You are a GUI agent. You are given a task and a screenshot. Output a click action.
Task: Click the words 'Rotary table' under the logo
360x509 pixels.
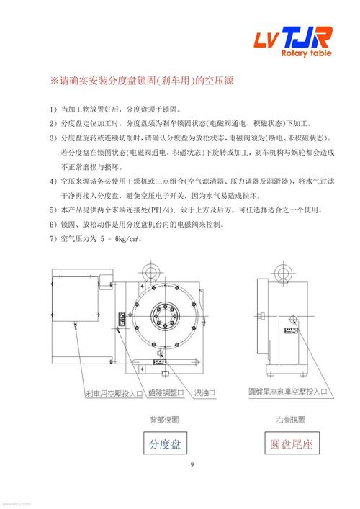coord(310,53)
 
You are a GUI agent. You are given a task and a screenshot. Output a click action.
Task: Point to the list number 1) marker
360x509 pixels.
coord(53,109)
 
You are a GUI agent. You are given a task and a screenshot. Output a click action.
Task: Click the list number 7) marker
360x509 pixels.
coord(53,238)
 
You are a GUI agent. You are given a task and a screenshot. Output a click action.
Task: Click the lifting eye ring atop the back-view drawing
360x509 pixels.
coord(150,271)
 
